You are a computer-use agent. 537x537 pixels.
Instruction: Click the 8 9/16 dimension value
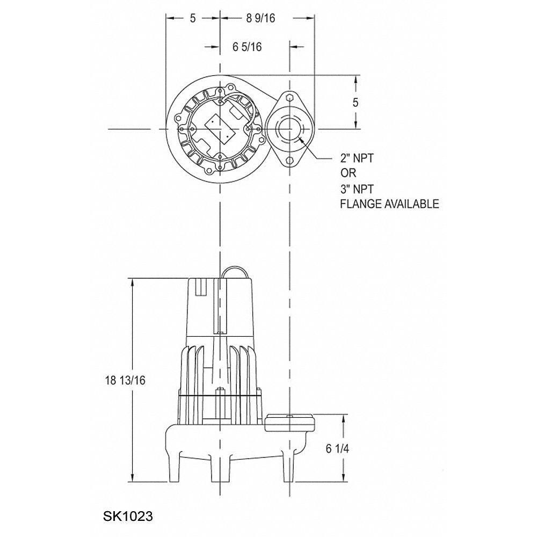tap(260, 18)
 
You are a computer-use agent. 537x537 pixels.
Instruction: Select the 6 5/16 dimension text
tap(247, 47)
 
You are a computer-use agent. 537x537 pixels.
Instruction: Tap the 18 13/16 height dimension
tap(125, 380)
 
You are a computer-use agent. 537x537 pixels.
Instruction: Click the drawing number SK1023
tap(128, 517)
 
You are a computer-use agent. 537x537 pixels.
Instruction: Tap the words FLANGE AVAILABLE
tap(390, 204)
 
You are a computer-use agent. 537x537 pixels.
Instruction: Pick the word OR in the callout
tap(348, 173)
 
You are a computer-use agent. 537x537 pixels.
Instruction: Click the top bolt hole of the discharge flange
tap(290, 98)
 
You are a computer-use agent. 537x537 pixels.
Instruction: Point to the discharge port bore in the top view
tap(290, 129)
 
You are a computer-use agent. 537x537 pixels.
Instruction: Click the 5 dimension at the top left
tap(193, 18)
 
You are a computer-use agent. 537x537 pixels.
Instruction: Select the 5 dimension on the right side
tap(355, 103)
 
